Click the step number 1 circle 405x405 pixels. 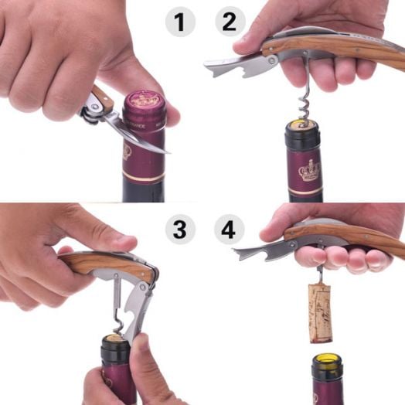(180, 22)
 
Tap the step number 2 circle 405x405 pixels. (229, 22)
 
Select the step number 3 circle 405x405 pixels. (180, 230)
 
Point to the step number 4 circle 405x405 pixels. (229, 230)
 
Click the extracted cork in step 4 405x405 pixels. (320, 312)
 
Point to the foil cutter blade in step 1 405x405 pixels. (147, 139)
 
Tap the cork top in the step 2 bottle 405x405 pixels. (301, 124)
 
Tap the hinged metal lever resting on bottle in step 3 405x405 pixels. (139, 305)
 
